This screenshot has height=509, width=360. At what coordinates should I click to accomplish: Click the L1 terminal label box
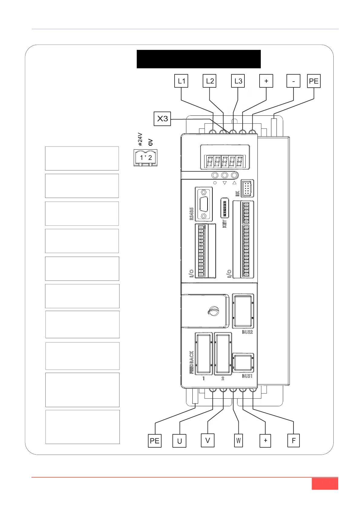pos(181,81)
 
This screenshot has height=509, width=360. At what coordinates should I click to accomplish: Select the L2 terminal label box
pos(209,81)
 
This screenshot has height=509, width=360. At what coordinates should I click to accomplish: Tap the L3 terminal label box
pos(238,81)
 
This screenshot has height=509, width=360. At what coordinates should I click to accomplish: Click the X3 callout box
pos(162,118)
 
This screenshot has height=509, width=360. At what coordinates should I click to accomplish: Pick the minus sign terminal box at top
pos(293,81)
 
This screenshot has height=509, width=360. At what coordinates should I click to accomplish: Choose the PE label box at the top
pos(314,81)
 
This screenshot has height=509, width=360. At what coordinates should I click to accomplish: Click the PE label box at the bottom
pos(155,441)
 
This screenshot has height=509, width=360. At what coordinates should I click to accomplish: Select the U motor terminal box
pos(179,441)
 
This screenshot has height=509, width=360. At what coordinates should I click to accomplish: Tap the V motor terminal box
pos(208,440)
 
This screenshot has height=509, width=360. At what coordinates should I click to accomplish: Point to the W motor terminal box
pos(238,440)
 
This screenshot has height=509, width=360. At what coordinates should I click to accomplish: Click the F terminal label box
pos(293,440)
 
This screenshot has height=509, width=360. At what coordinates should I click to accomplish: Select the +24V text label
pos(140,139)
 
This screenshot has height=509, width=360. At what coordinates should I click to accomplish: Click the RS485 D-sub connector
pos(204,204)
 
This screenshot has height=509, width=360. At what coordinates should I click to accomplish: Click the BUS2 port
pos(243,311)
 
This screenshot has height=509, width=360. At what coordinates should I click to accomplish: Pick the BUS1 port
pos(243,363)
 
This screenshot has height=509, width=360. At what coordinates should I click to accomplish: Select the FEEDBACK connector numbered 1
pos(203,353)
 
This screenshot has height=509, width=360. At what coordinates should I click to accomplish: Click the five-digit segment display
pos(225,161)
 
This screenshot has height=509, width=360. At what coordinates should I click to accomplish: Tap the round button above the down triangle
pos(224,175)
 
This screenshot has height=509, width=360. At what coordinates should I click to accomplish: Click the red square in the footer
pos(325,484)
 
